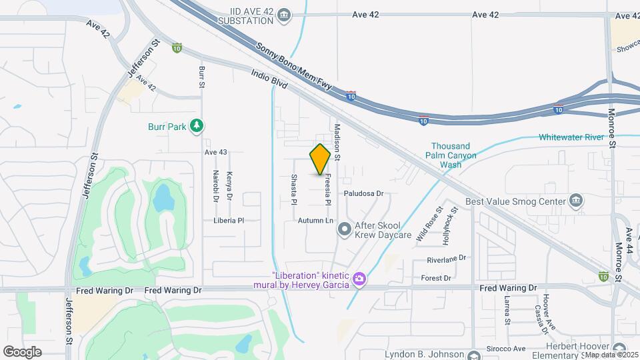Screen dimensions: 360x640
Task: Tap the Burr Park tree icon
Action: [196, 126]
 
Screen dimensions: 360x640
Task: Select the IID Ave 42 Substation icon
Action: [285, 15]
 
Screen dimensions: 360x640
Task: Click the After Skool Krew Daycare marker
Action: [344, 230]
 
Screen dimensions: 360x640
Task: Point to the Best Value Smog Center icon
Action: [577, 200]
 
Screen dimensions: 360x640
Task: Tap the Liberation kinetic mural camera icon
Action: [359, 278]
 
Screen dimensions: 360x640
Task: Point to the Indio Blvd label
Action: [269, 80]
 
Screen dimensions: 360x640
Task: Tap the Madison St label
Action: [337, 142]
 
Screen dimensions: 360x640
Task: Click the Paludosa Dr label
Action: [364, 193]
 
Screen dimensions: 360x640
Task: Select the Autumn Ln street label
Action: [315, 220]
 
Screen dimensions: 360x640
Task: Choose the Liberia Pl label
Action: [229, 220]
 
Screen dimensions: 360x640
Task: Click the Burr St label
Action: [201, 77]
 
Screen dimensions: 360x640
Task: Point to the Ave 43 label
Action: [216, 153]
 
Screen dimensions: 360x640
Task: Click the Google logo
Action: [22, 351]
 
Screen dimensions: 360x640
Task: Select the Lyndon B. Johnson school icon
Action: [474, 356]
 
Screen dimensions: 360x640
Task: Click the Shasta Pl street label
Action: [293, 189]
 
